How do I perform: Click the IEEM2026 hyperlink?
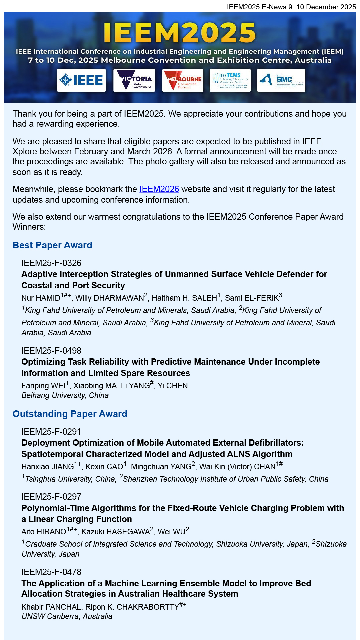pos(159,189)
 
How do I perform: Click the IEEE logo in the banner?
pos(81,80)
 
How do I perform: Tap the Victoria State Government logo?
pos(134,80)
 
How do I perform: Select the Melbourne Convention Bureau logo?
pos(183,80)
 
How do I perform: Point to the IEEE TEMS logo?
pos(230,80)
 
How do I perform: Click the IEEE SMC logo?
pos(281,80)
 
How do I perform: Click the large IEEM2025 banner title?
pos(180,33)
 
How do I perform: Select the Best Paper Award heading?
pos(52,245)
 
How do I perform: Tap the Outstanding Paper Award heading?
pos(70,414)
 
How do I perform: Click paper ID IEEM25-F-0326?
pos(51,263)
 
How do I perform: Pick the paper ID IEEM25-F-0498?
pos(51,351)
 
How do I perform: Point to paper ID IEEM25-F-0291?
pos(51,432)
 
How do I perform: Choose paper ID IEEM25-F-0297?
pos(51,497)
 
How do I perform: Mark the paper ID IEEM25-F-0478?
pos(51,572)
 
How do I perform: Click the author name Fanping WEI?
pos(43,386)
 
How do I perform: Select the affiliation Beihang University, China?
pos(65,396)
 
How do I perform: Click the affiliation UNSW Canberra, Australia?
pos(67,616)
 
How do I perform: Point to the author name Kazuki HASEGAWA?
pos(115,532)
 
